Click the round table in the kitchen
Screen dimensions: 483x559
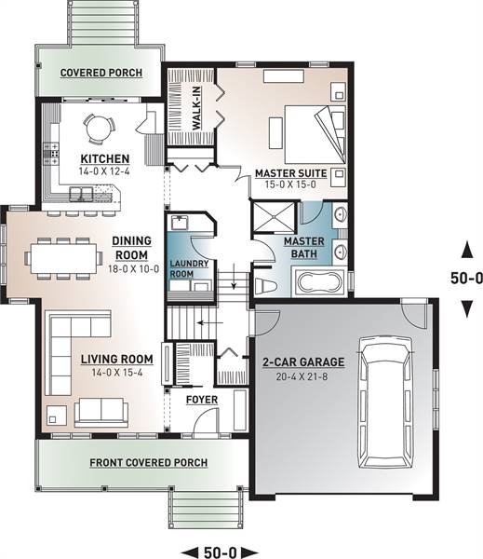[100, 129]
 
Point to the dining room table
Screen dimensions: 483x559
[64, 258]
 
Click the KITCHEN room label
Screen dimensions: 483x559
[105, 159]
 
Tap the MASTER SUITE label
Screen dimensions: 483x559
[291, 173]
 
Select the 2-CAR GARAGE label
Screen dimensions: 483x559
[303, 362]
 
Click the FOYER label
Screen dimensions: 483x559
[202, 400]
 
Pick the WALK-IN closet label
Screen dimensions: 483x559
[196, 108]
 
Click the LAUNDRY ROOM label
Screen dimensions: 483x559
[189, 269]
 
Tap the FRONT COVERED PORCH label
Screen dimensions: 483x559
[149, 463]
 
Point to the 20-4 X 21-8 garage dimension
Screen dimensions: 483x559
[302, 376]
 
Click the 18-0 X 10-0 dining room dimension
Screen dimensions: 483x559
[134, 269]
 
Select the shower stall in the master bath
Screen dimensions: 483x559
[274, 217]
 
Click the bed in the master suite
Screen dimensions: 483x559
[315, 134]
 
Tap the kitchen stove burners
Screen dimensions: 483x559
[51, 154]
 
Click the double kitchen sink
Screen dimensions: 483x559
[81, 194]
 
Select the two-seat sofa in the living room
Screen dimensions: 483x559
[101, 412]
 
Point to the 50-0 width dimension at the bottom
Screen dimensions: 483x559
[220, 552]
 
